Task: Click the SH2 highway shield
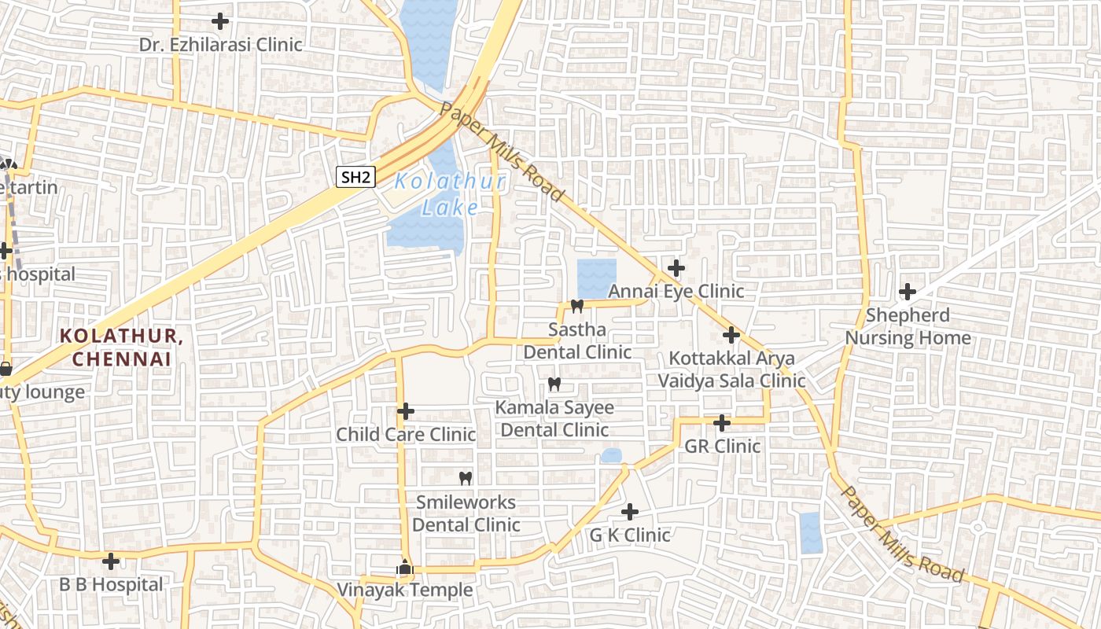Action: (x=355, y=177)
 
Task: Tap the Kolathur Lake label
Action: (x=450, y=194)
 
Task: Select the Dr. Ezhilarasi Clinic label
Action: (x=220, y=44)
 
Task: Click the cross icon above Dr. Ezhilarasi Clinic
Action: (x=220, y=21)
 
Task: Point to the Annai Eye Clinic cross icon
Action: (x=676, y=268)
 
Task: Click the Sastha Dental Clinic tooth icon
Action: (x=577, y=307)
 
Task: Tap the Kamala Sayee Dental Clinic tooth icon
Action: (x=554, y=384)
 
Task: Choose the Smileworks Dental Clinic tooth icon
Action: (x=465, y=478)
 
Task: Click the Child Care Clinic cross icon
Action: (x=406, y=411)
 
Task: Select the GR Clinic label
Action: (x=722, y=446)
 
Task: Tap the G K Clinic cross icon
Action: (x=630, y=513)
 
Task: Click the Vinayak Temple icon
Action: (x=405, y=567)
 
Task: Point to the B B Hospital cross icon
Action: (x=112, y=561)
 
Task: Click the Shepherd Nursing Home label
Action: (x=908, y=326)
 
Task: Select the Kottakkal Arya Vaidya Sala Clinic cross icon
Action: (x=731, y=336)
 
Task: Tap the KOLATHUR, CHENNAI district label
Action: (x=122, y=347)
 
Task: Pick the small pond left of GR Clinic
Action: (x=611, y=456)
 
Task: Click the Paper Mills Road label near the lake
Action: (x=502, y=153)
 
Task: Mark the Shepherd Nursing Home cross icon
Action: (x=908, y=292)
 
